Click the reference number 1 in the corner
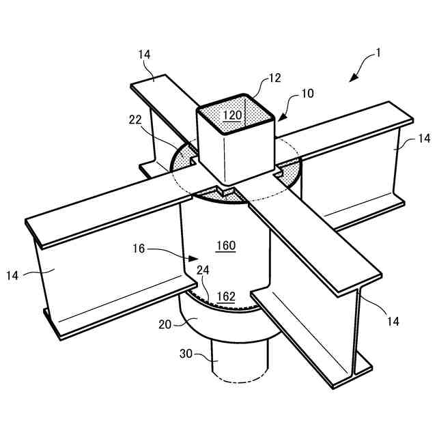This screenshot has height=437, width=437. click(x=379, y=52)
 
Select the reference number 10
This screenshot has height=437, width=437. click(x=307, y=93)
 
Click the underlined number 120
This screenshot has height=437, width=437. click(x=233, y=115)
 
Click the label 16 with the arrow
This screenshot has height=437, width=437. click(x=139, y=249)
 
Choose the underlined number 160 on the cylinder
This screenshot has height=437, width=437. click(x=226, y=246)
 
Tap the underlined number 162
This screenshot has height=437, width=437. click(x=226, y=296)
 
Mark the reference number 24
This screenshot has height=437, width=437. click(x=203, y=270)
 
